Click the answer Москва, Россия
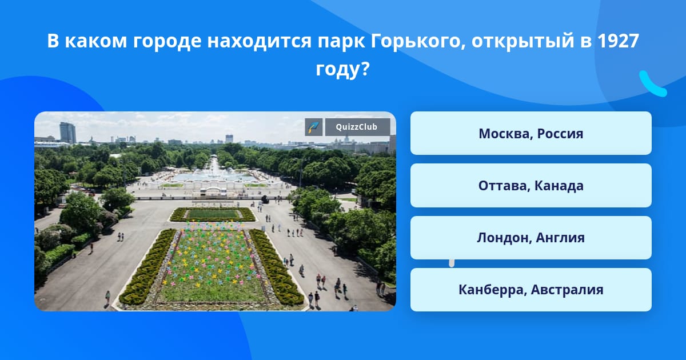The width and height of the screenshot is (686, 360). [x=531, y=133]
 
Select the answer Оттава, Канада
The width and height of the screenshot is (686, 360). [x=531, y=186]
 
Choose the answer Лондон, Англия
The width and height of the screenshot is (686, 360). [x=531, y=238]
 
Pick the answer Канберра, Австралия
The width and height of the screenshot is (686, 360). [x=531, y=290]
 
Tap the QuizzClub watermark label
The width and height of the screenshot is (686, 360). [x=357, y=127]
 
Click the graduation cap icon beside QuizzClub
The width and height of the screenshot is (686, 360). [x=314, y=127]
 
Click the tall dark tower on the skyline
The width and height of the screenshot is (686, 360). [x=67, y=133]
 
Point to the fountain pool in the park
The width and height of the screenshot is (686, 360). [x=214, y=177]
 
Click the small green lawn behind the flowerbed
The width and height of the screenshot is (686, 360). [x=213, y=214]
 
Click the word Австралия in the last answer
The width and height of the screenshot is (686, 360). [x=567, y=290]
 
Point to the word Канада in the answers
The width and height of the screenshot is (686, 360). [x=559, y=186]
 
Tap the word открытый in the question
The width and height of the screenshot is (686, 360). [x=523, y=42]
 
